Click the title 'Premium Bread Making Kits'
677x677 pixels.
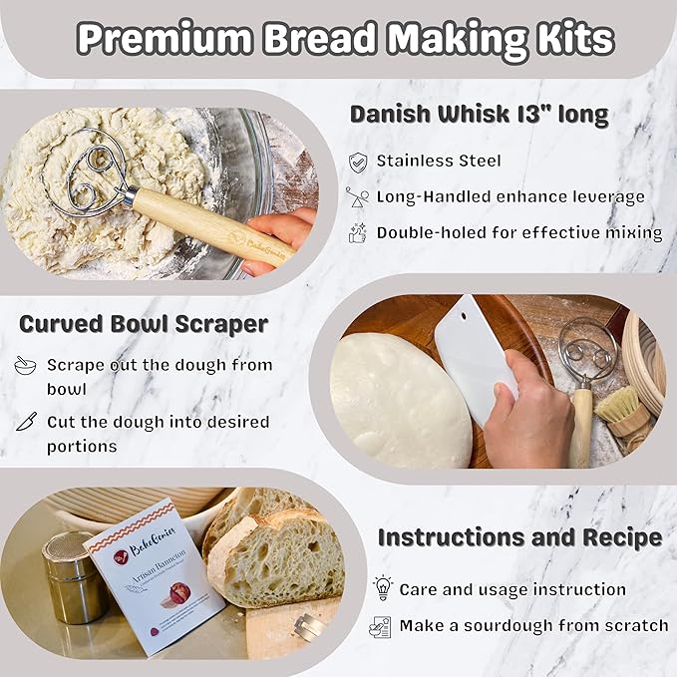[x=344, y=39]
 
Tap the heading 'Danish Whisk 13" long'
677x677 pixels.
[x=479, y=115]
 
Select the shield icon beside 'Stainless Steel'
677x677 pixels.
[x=357, y=161]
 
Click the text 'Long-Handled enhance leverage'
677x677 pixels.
[x=509, y=196]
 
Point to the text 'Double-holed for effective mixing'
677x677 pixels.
[x=518, y=232]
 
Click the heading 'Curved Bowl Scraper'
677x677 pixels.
[x=143, y=324]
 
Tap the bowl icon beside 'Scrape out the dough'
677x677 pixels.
[x=25, y=366]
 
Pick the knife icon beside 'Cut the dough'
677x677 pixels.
[x=25, y=422]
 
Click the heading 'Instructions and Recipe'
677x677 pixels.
[x=519, y=537]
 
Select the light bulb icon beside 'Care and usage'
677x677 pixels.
[x=383, y=588]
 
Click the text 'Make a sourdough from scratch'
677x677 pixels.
[x=533, y=625]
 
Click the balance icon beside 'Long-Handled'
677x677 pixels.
[x=357, y=196]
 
